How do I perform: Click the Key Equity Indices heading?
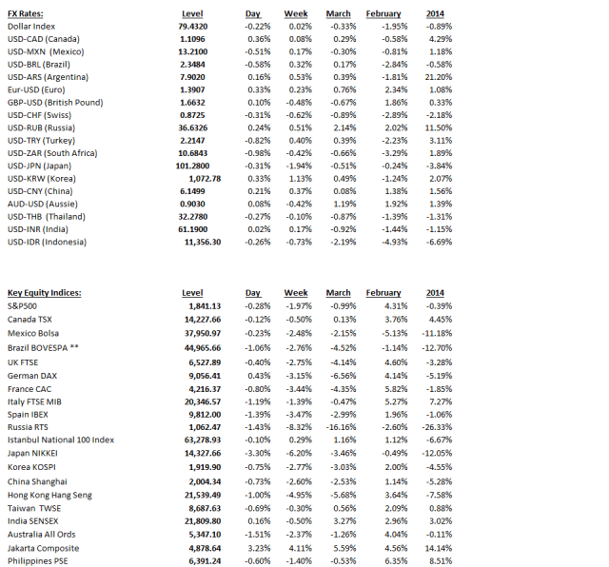pos(44,293)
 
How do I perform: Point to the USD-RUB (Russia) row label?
pos(42,127)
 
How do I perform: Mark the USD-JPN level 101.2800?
pos(199,165)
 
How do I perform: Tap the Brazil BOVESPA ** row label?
pos(43,349)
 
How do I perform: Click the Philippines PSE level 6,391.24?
pos(203,561)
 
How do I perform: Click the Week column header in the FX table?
pos(296,13)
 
